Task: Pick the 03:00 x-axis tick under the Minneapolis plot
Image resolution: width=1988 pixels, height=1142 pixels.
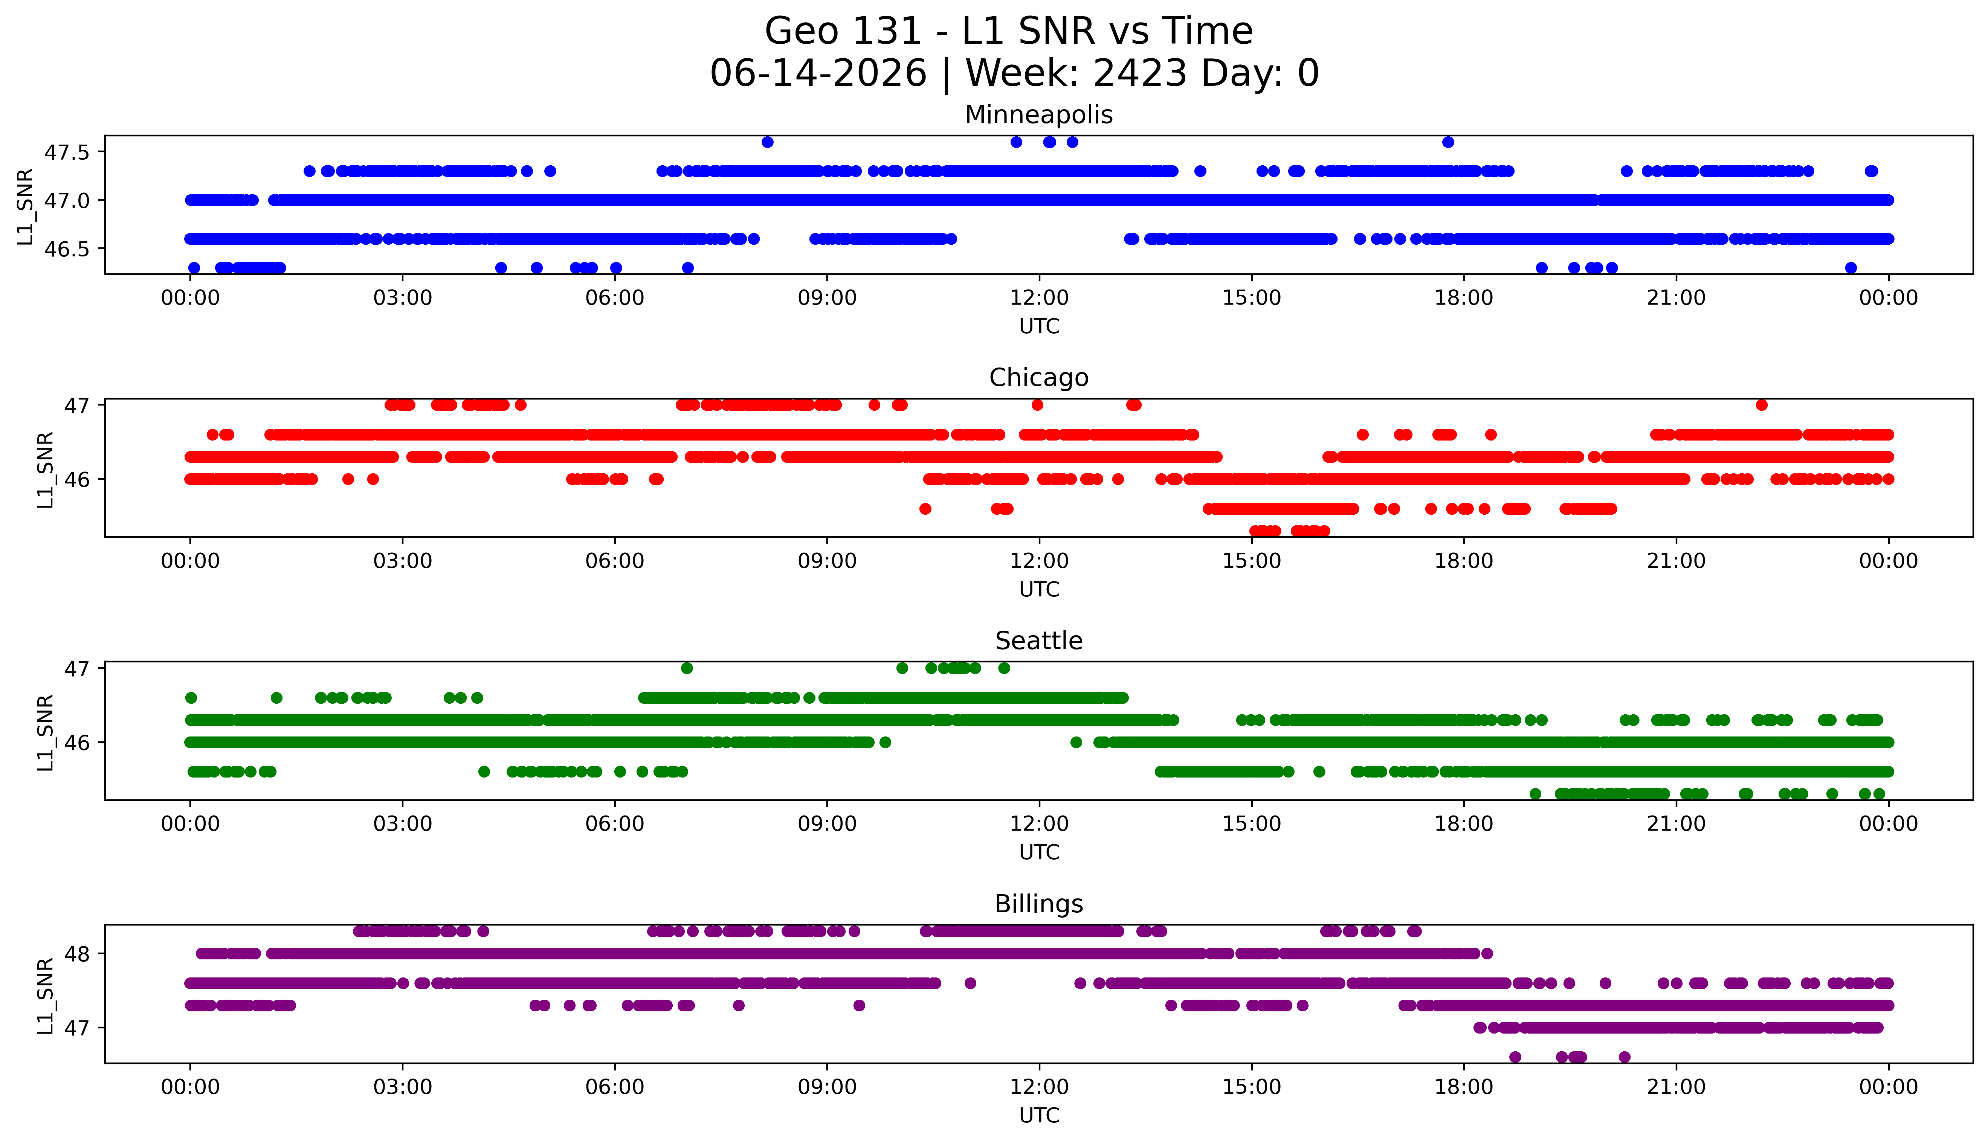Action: [x=403, y=298]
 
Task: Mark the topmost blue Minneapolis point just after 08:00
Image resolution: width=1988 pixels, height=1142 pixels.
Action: [x=767, y=142]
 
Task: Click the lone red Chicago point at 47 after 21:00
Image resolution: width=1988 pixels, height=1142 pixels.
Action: [x=1761, y=405]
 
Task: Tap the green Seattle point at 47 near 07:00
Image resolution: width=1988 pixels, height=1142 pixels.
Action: [x=687, y=668]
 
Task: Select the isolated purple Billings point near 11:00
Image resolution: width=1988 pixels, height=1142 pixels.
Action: [x=970, y=983]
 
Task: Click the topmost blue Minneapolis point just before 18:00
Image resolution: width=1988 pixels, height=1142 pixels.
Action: [x=1447, y=142]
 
